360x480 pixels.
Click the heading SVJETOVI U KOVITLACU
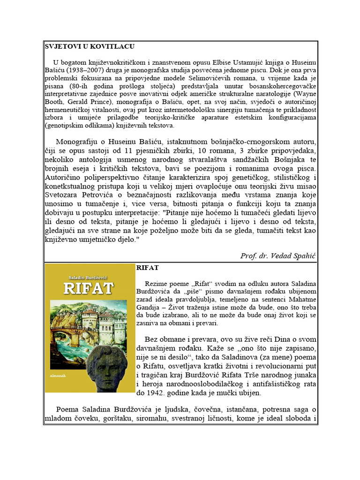pos(90,46)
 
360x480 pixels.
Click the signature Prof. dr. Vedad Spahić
pos(278,255)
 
